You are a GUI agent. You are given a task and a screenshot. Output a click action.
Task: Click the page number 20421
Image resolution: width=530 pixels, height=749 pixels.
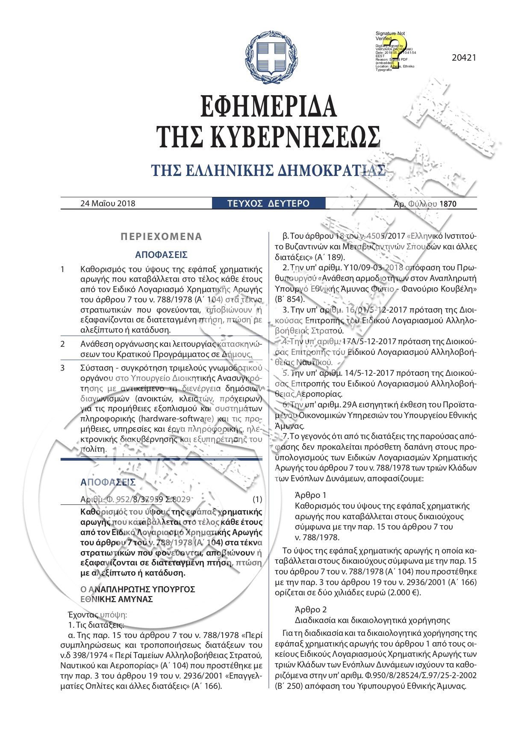coord(464,58)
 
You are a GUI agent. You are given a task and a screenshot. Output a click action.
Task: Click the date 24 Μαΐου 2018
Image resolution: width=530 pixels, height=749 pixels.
coord(108,203)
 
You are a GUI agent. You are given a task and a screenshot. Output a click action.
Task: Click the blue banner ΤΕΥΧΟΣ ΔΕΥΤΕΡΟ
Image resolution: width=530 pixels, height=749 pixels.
coord(268,203)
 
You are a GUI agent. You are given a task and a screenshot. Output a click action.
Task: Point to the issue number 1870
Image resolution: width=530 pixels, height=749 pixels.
coord(448,204)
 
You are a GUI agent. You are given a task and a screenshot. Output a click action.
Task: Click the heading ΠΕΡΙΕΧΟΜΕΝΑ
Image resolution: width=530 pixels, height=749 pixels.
coord(162,237)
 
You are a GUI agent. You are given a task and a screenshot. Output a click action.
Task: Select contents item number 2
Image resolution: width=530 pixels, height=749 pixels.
coord(62,344)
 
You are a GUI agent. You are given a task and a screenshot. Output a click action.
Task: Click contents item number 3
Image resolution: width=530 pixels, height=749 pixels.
coord(62,367)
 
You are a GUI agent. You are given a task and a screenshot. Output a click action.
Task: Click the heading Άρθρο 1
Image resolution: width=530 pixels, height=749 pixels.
coord(311,495)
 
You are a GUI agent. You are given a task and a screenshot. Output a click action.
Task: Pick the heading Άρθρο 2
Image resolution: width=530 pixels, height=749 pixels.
coord(311,609)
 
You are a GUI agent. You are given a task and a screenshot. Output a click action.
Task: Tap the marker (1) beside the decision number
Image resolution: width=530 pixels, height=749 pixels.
coord(257,499)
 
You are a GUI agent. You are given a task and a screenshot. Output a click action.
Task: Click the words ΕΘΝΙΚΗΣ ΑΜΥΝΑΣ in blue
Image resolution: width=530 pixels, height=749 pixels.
coord(117,599)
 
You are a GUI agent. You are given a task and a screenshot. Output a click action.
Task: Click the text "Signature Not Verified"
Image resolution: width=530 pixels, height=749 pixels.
coord(390,35)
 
